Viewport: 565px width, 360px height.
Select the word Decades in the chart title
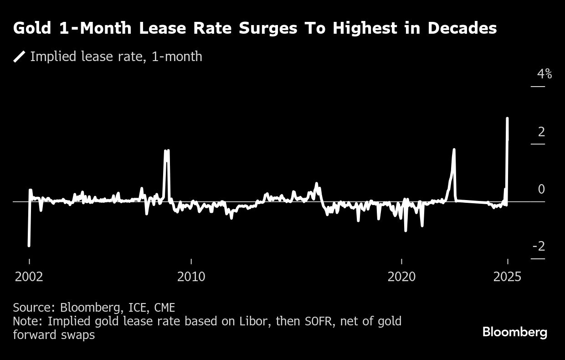click(462, 29)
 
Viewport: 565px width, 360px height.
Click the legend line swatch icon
click(20, 57)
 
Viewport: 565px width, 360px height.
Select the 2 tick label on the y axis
click(541, 132)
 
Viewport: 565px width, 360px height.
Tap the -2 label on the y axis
click(539, 247)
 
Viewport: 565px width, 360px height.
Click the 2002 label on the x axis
click(29, 277)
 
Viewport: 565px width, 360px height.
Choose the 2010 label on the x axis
click(191, 277)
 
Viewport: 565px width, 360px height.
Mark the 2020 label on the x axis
click(401, 277)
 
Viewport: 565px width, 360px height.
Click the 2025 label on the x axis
click(507, 277)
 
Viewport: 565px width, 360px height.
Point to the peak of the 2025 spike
click(507, 118)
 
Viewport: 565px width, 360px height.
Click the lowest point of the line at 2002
click(29, 246)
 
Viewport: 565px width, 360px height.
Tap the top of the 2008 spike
click(167, 150)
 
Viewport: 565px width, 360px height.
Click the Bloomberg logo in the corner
click(514, 332)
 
